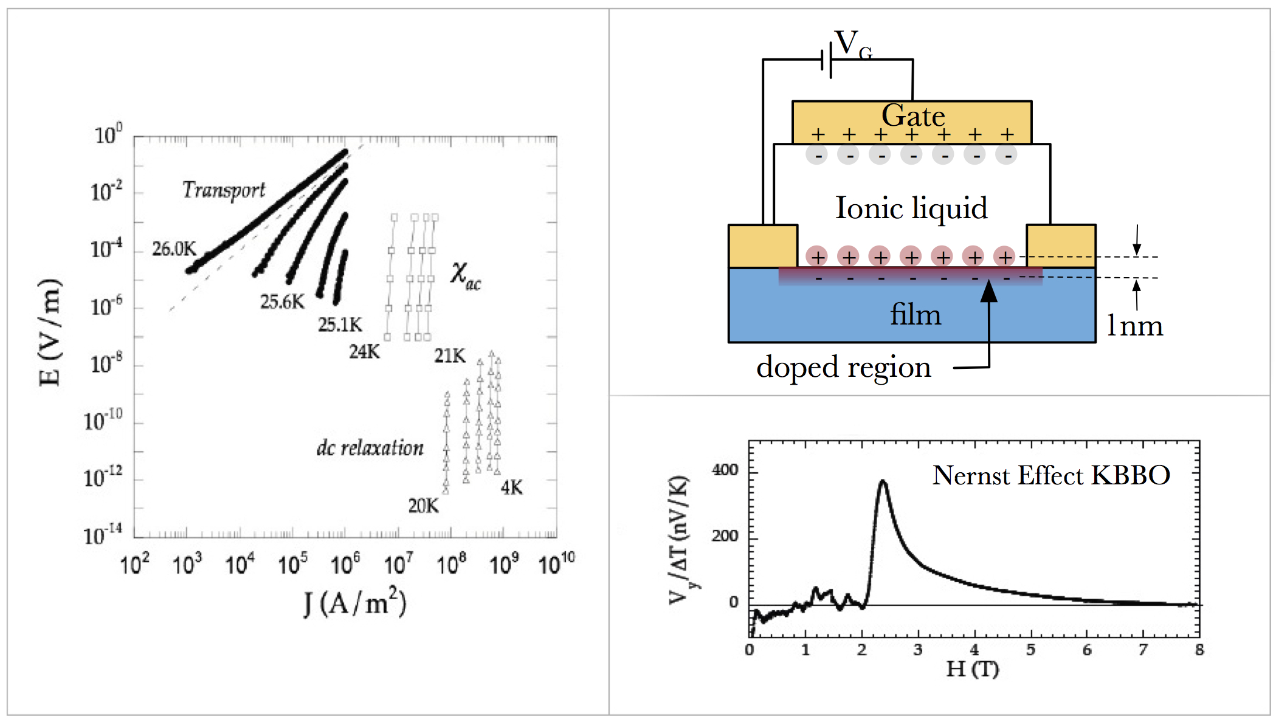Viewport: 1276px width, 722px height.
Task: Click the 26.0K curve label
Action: [174, 249]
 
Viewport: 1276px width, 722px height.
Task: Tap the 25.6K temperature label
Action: [282, 301]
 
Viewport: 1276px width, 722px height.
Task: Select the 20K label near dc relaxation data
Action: [423, 506]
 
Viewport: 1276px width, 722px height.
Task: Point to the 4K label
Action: [511, 487]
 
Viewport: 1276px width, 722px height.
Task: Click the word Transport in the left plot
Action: [224, 190]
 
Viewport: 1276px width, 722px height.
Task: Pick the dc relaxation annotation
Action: [370, 448]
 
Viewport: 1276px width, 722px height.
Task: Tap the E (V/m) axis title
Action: [50, 332]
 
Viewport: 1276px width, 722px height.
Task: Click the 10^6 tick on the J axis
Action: [345, 564]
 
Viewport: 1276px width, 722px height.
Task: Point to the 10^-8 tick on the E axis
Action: [106, 364]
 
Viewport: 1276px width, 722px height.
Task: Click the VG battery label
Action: [853, 44]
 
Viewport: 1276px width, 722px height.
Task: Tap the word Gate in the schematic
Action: [913, 115]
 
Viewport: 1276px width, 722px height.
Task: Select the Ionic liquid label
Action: [911, 208]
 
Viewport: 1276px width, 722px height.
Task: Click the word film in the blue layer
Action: [916, 315]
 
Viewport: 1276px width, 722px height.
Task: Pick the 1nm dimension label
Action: [1134, 326]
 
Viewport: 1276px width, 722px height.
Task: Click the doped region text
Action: [843, 367]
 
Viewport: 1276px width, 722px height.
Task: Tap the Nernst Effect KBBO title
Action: [1051, 475]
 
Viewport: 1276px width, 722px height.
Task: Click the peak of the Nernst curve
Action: [883, 481]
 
